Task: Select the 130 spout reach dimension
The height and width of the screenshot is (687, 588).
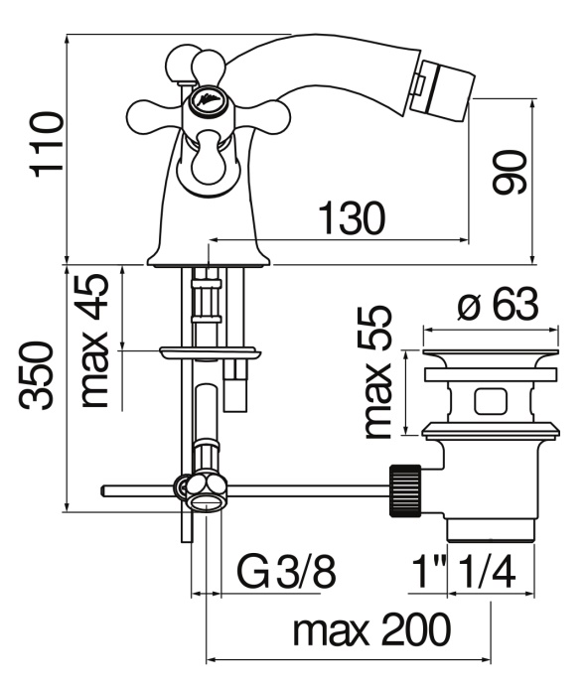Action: tap(353, 217)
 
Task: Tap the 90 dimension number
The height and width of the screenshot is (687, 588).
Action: tap(509, 172)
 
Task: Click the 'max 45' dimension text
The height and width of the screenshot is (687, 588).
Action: tap(94, 341)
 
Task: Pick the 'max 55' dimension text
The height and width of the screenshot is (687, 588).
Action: tap(377, 371)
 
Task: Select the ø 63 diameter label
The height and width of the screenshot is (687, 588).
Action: tap(497, 304)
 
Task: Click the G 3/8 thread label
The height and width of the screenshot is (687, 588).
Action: tap(286, 571)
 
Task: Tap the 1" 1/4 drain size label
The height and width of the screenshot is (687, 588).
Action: tap(465, 571)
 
